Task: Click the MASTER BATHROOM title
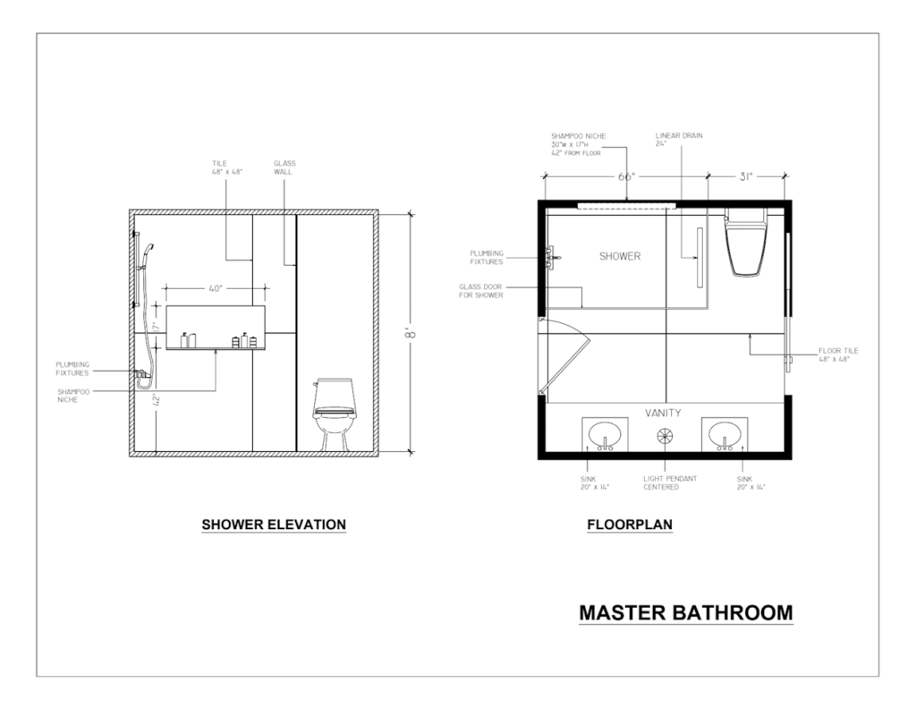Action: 686,612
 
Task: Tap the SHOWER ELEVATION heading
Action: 274,525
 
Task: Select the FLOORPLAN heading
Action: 630,525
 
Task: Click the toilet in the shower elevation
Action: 334,414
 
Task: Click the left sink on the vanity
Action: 605,434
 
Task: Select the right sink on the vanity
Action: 725,434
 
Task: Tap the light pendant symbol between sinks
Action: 665,436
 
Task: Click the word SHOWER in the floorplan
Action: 620,256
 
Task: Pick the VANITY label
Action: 663,413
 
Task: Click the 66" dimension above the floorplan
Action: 626,176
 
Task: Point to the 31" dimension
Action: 746,176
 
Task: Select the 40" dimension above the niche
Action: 216,288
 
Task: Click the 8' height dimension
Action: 411,334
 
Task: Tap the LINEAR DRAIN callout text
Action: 679,139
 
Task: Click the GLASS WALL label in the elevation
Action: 284,167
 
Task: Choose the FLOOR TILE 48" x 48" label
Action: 838,354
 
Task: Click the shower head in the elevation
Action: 148,252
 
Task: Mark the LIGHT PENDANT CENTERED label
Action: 670,483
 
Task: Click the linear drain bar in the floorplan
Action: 700,257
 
